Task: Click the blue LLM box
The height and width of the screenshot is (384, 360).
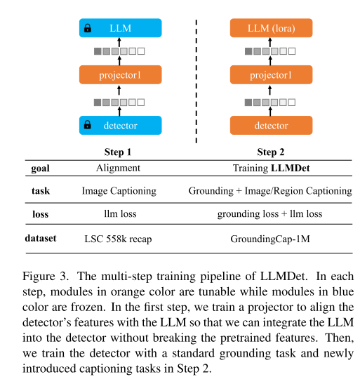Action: pos(119,29)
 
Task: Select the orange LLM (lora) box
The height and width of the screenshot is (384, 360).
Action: pos(271,29)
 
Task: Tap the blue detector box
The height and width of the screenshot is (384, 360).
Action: pos(119,126)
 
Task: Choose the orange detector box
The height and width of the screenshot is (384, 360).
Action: pos(271,126)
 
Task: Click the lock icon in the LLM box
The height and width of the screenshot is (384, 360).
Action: pos(88,29)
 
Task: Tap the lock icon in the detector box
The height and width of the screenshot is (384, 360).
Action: pos(88,126)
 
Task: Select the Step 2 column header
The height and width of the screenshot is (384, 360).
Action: pos(271,152)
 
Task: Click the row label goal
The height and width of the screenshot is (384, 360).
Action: pos(40,168)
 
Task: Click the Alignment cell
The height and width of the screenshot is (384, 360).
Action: pos(119,168)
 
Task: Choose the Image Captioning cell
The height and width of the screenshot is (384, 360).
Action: pos(119,191)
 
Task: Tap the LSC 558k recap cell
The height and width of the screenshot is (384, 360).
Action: pos(119,239)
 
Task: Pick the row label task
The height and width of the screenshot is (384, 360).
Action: pos(40,191)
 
